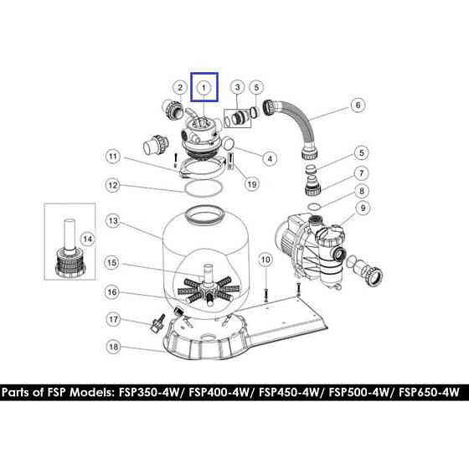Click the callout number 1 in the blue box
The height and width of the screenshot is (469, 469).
point(204,88)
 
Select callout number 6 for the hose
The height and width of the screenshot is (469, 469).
point(358,105)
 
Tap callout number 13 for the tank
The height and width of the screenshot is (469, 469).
point(113,221)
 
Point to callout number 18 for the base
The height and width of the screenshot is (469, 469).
point(113,347)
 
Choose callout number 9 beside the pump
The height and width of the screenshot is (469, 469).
point(363,208)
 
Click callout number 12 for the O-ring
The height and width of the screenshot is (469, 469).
point(113,185)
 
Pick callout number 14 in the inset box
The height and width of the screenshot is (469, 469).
point(87,239)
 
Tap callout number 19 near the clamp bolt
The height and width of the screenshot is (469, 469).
point(252,184)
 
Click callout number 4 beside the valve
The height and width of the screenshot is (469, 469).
point(270,158)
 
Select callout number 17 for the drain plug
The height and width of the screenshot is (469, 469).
point(113,319)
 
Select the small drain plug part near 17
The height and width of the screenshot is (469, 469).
point(157,324)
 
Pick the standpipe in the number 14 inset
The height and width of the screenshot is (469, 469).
point(70,234)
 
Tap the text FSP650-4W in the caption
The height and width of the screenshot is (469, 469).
point(429,392)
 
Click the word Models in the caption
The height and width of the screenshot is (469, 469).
point(91,392)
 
